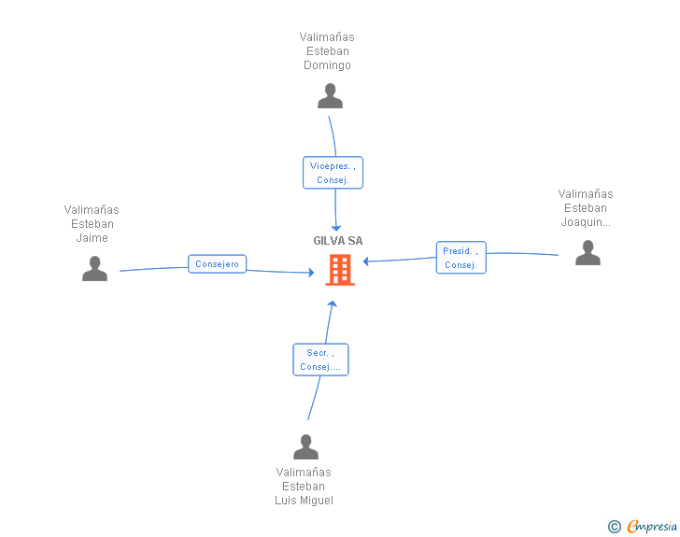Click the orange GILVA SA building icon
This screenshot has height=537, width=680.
(339, 270)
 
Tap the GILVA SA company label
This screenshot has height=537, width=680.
(338, 241)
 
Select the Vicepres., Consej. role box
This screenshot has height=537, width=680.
(333, 173)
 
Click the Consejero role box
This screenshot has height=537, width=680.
(217, 264)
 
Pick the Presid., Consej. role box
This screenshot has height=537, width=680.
(460, 258)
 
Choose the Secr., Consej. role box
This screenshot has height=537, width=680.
(320, 360)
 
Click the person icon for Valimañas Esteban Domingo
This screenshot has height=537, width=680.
(330, 96)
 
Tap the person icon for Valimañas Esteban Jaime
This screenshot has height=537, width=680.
(94, 269)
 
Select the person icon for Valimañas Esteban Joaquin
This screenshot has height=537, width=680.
(588, 253)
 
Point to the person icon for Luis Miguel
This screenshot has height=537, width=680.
(305, 447)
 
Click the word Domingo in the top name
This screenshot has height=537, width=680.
(327, 65)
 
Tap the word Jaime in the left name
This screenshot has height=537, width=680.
(92, 238)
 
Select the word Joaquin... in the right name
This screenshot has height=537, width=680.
(586, 222)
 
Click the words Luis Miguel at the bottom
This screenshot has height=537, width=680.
(304, 501)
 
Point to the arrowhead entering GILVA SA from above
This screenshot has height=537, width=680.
(336, 227)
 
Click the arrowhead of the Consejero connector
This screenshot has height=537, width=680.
(311, 273)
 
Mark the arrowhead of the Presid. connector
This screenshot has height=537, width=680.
(366, 261)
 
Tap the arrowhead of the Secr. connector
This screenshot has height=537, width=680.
(331, 304)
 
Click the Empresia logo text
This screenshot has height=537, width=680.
(652, 526)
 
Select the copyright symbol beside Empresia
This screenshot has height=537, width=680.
(614, 527)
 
